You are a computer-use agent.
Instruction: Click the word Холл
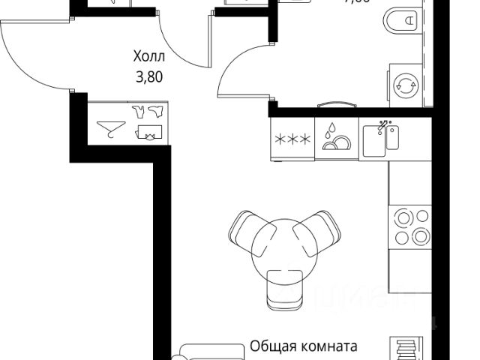148,56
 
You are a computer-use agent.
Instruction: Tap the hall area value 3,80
149,75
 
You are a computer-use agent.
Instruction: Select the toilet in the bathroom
402,23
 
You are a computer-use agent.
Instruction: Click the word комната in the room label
327,347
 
